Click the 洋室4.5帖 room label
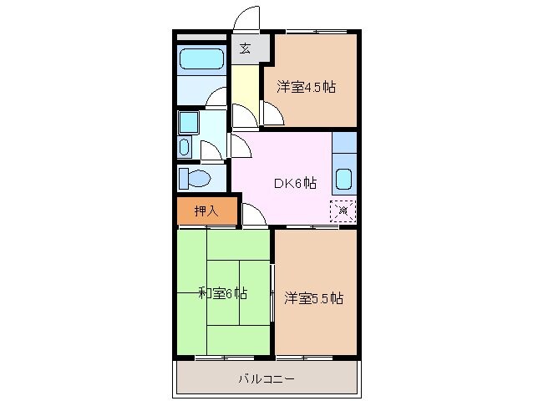pyautogui.click(x=307, y=86)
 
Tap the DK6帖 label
pyautogui.click(x=296, y=183)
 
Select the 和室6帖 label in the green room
pyautogui.click(x=222, y=292)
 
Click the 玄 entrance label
pyautogui.click(x=245, y=48)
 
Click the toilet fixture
pyautogui.click(x=195, y=179)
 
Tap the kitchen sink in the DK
pyautogui.click(x=343, y=178)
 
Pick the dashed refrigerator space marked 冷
pyautogui.click(x=343, y=211)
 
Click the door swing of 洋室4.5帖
pyautogui.click(x=272, y=114)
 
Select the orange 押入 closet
pyautogui.click(x=207, y=211)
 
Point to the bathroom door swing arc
pyautogui.click(x=216, y=99)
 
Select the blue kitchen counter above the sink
pyautogui.click(x=343, y=144)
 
